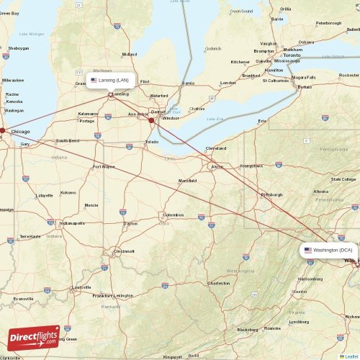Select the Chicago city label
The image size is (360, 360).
pyautogui.click(x=21, y=132)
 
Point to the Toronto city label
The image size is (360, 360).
pyautogui.click(x=292, y=55)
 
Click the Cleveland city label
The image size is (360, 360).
pyautogui.click(x=215, y=148)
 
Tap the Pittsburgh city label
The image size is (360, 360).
pyautogui.click(x=271, y=194)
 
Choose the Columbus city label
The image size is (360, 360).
pyautogui.click(x=174, y=215)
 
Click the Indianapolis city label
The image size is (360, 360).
pyautogui.click(x=71, y=223)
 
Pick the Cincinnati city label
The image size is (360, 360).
pyautogui.click(x=123, y=251)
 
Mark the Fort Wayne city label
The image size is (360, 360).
pyautogui.click(x=104, y=166)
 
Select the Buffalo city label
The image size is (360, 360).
pyautogui.click(x=305, y=86)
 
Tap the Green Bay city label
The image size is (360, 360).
pyautogui.click(x=9, y=12)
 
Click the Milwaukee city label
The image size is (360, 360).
pyautogui.click(x=13, y=80)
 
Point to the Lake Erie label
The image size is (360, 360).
pyautogui.click(x=215, y=119)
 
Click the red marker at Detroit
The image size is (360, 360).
pyautogui.click(x=151, y=120)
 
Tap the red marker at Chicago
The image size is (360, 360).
pyautogui.click(x=2, y=131)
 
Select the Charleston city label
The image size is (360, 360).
pyautogui.click(x=218, y=283)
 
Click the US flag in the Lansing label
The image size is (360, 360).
pyautogui.click(x=94, y=81)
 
